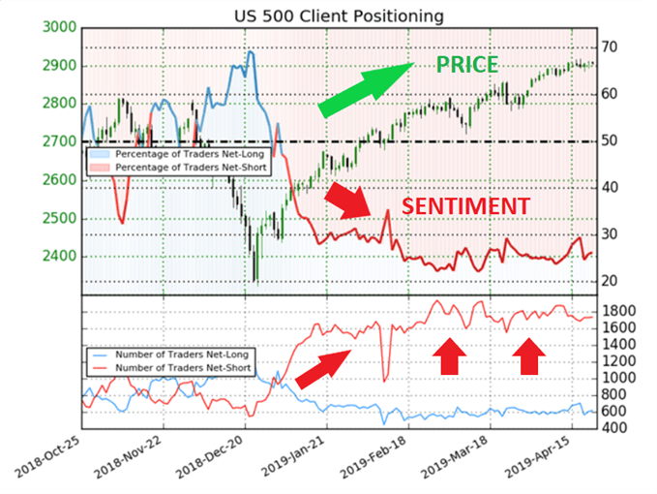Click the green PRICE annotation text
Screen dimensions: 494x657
(466, 66)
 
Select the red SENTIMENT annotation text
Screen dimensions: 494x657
(465, 206)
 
